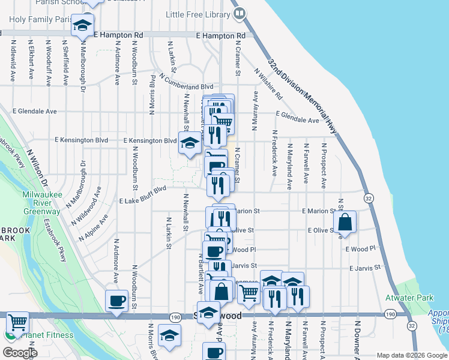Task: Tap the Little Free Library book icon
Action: point(239,13)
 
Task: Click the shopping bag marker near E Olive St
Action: point(346,222)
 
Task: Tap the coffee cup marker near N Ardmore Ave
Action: point(116,301)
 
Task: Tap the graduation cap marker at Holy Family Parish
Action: point(82,25)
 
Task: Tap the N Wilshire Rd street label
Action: point(268,83)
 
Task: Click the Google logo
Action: point(20,353)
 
